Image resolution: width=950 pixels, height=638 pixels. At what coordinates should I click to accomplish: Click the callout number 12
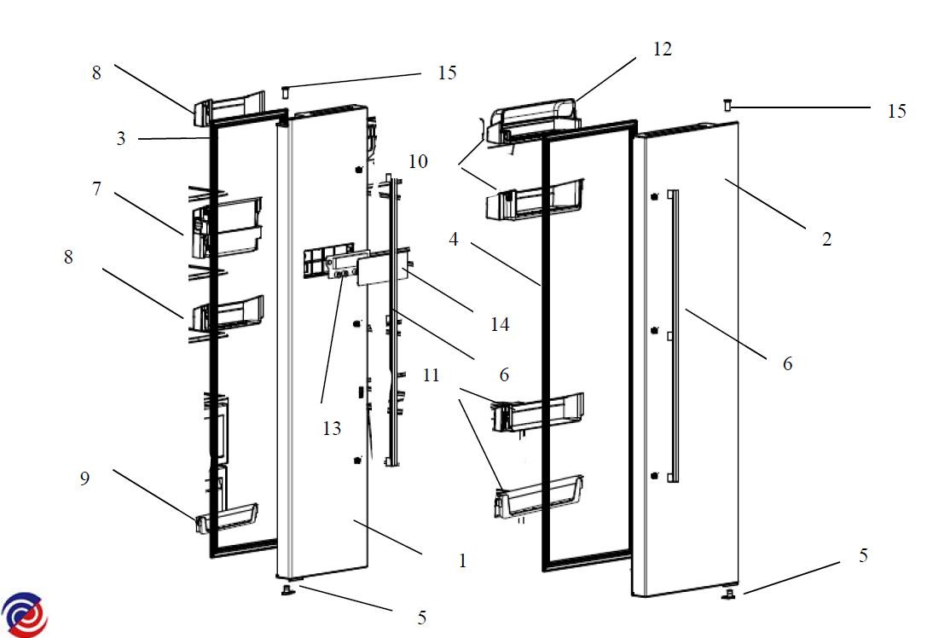click(662, 49)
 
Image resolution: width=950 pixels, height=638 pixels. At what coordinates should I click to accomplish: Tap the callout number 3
click(121, 139)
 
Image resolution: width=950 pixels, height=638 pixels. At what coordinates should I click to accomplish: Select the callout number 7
click(97, 188)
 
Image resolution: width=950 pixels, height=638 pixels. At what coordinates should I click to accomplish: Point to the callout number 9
click(84, 479)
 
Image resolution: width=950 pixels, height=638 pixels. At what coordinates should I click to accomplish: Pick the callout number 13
click(331, 428)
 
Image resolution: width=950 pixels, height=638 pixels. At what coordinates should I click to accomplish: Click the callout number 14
click(500, 324)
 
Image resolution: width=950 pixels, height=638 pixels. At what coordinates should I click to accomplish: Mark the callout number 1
click(462, 560)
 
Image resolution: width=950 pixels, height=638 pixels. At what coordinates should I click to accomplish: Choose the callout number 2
click(825, 240)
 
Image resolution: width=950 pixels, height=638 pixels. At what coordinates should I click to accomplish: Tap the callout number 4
click(454, 240)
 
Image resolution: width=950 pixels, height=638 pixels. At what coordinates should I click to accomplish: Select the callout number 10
click(418, 161)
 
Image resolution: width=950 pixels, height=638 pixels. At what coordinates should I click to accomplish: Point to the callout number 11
click(432, 374)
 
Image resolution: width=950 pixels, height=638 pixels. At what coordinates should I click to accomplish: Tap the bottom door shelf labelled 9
click(229, 517)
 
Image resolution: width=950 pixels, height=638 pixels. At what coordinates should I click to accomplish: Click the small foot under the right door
click(732, 593)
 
